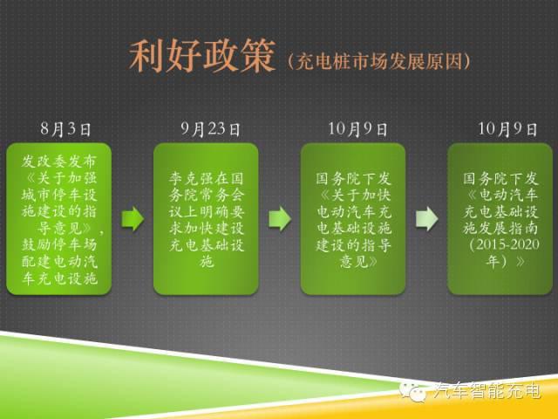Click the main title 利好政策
coord(200,57)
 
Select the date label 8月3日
coord(65,129)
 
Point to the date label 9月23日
coord(210,129)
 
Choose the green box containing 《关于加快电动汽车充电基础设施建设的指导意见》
coord(354,218)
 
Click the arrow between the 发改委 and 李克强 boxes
coord(133,218)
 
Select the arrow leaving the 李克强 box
coord(280,218)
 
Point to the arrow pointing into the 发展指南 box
coord(427,218)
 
